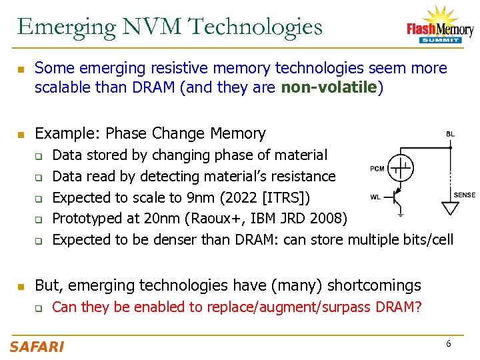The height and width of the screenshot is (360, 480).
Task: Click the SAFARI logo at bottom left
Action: click(x=37, y=346)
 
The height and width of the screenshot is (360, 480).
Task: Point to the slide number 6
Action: click(x=449, y=344)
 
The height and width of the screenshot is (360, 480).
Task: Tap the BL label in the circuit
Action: click(x=451, y=134)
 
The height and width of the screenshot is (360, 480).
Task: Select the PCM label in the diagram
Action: click(x=377, y=169)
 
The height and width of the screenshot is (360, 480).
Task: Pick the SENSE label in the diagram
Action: click(x=464, y=195)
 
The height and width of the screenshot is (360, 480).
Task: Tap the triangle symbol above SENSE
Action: click(x=451, y=207)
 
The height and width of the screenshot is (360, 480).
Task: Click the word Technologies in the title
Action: click(x=255, y=27)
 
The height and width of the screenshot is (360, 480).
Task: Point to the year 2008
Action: click(x=327, y=219)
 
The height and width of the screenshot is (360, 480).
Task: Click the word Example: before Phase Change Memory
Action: click(x=67, y=133)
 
